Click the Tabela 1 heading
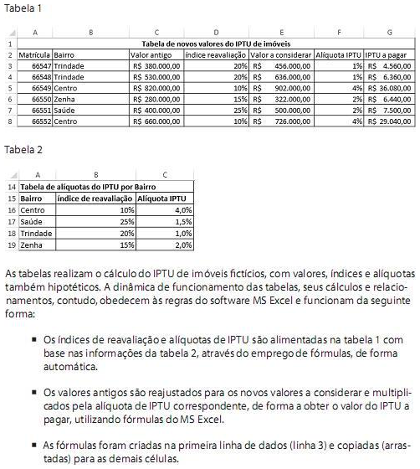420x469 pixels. pos(23,8)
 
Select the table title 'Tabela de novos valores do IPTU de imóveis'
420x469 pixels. pos(218,44)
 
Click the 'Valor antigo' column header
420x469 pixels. pos(148,54)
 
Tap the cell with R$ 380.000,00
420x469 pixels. pos(156,65)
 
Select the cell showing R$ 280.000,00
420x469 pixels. pos(156,98)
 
